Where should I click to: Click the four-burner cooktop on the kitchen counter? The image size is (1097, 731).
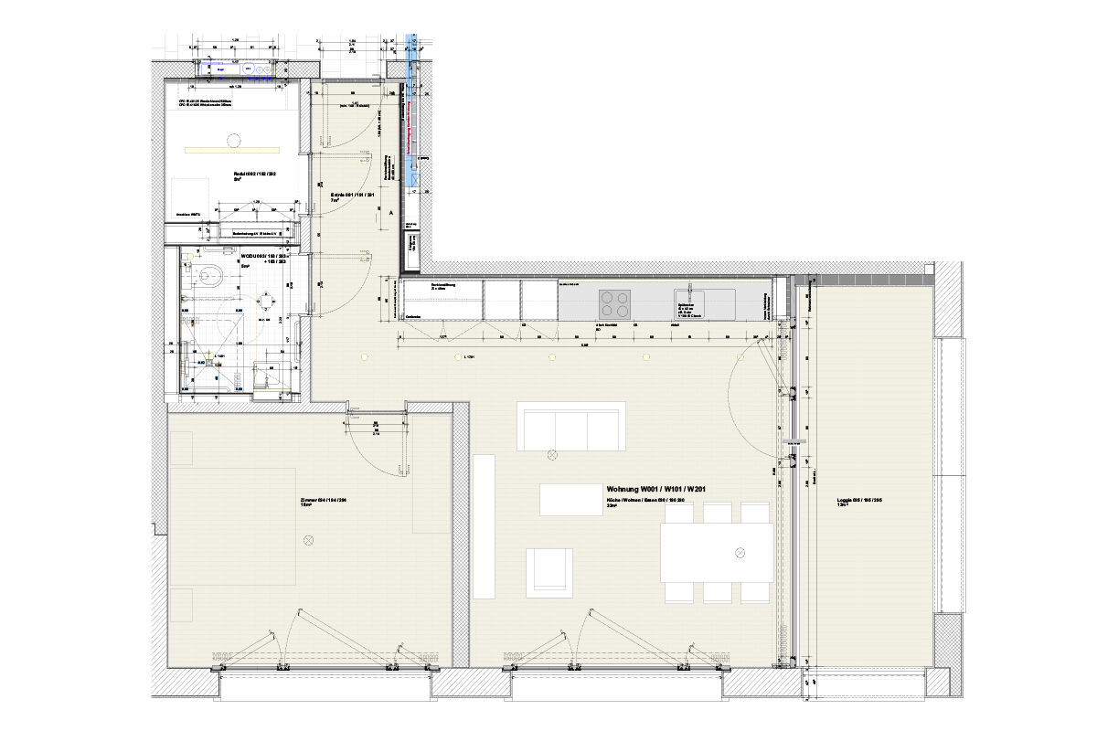coord(614,301)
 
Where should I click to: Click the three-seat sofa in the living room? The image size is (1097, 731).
coord(570,426)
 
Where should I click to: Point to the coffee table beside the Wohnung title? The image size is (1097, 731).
coord(570,500)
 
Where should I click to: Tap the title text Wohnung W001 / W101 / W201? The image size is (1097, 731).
coord(655,491)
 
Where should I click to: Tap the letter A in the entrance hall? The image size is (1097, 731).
coord(391,212)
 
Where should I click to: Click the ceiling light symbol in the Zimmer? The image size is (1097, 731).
coord(308,541)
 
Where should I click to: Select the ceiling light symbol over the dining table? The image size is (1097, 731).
coord(741,553)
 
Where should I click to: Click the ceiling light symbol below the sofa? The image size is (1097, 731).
coord(551,455)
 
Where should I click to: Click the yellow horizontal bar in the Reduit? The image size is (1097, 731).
coord(232,149)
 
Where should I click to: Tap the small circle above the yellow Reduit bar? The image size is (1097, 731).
coord(234,140)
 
